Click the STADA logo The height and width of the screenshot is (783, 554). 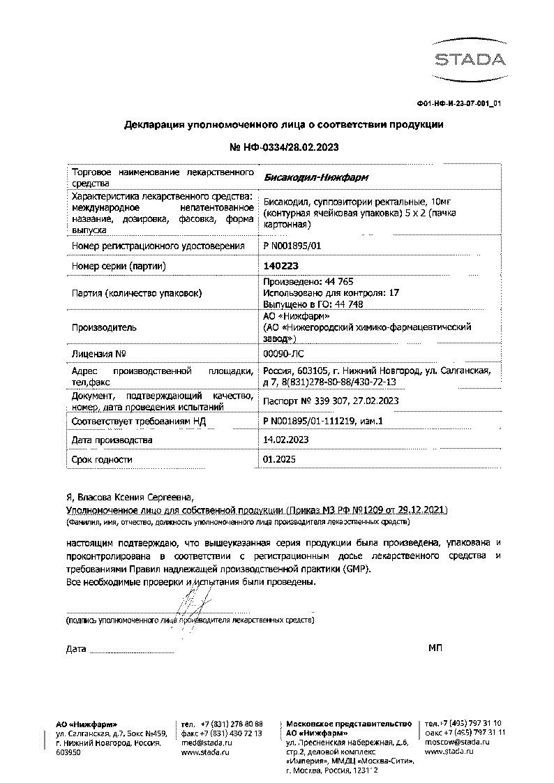point(467,57)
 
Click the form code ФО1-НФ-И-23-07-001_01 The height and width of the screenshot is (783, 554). point(459,104)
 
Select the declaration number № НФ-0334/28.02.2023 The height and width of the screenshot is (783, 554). point(283,148)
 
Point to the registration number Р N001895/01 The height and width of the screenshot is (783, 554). point(292,246)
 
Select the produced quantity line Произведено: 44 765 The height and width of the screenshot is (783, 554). point(299,282)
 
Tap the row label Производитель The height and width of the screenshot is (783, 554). point(104,327)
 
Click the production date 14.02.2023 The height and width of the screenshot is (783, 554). point(285,440)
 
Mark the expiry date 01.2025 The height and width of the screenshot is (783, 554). point(277,460)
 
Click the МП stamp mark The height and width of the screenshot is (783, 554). point(435,648)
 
